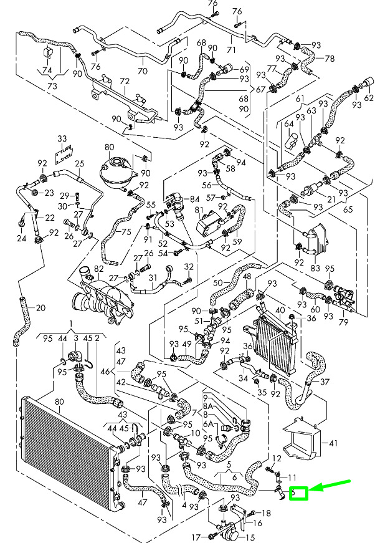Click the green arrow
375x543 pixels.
pyautogui.click(x=331, y=486)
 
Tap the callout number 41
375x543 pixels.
pyautogui.click(x=333, y=443)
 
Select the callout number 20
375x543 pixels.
pyautogui.click(x=40, y=307)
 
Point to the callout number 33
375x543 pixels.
pyautogui.click(x=62, y=138)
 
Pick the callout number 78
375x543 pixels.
pyautogui.click(x=330, y=59)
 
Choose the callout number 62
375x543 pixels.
pyautogui.click(x=368, y=98)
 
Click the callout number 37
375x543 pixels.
pyautogui.click(x=324, y=382)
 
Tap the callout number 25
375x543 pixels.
pyautogui.click(x=79, y=164)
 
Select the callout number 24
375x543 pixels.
pyautogui.click(x=21, y=238)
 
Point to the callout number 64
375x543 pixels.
pyautogui.click(x=288, y=123)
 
